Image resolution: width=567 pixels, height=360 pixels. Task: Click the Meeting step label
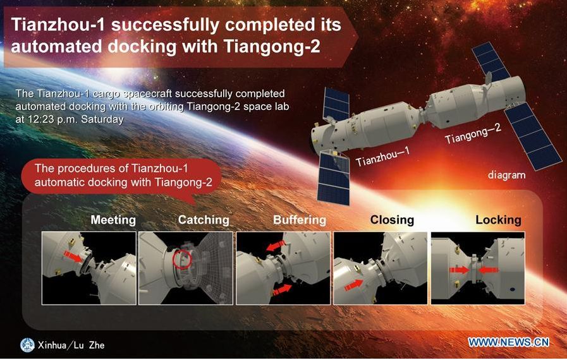point(113,220)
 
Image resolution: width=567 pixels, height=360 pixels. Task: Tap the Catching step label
point(204,220)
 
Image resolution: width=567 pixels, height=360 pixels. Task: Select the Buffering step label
point(300,220)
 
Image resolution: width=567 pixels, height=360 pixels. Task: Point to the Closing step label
point(392,220)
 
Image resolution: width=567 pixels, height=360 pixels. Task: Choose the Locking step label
point(498,220)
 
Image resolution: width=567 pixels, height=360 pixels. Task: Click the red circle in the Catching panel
point(182,259)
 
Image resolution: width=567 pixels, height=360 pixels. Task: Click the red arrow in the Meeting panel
point(73,256)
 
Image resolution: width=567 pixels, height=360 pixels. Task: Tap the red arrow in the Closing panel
point(353,285)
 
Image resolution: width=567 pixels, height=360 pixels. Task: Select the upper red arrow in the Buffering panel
point(276,246)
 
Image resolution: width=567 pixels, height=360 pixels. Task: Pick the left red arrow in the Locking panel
point(460,270)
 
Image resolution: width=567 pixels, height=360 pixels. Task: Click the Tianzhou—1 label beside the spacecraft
point(382,156)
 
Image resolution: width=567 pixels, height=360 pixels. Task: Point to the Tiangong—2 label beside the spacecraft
point(473,133)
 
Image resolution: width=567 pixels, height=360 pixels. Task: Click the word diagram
point(506,176)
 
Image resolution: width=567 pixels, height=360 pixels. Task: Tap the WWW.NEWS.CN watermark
point(509,342)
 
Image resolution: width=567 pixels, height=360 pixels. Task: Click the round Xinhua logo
point(27,345)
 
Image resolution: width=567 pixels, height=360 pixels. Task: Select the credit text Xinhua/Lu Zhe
point(71,345)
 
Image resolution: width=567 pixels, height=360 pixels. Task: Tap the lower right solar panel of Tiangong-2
point(533,136)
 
